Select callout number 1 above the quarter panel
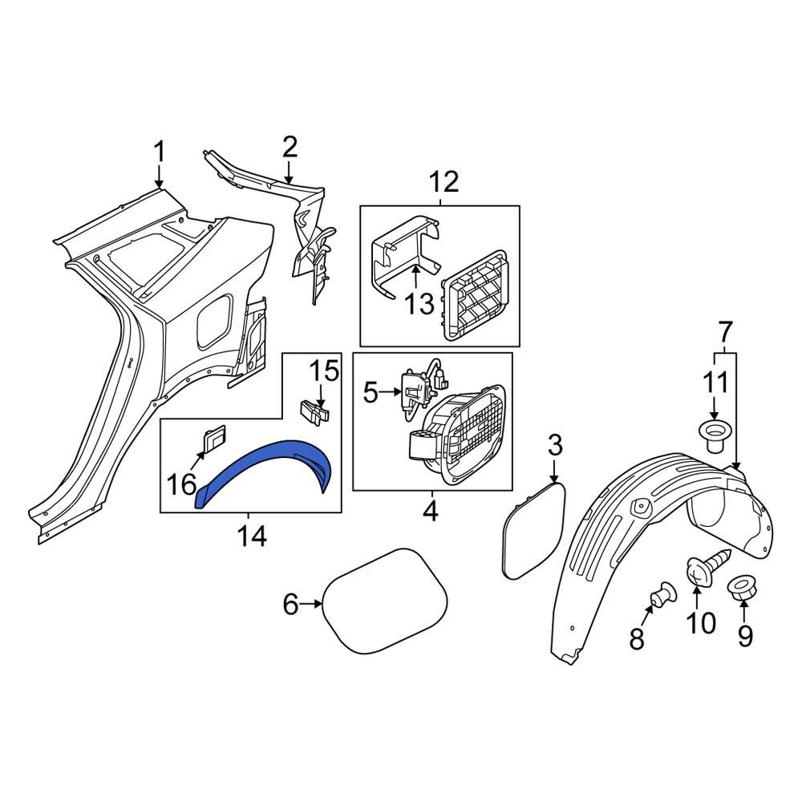[159, 151]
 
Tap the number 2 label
[290, 147]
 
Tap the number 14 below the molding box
[251, 536]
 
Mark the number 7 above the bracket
[725, 330]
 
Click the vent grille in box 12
[475, 293]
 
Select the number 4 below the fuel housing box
[431, 511]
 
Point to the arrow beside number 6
[311, 605]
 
